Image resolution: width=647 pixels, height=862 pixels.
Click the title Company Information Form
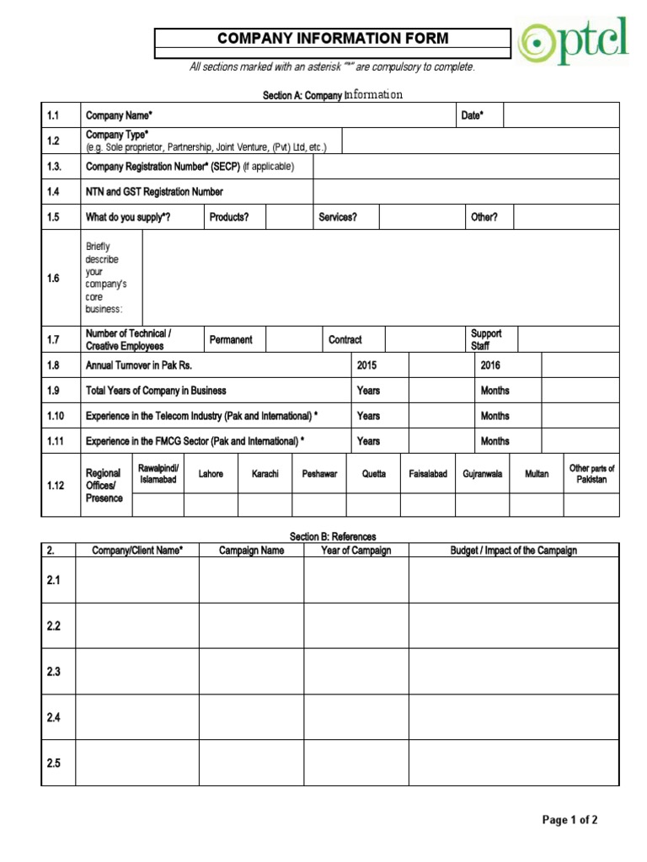(x=333, y=39)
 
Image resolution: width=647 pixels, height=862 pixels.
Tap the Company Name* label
(x=119, y=115)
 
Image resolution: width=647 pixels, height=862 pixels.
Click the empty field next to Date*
(x=560, y=115)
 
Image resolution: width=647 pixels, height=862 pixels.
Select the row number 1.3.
(x=54, y=167)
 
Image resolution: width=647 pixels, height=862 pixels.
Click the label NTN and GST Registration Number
(x=154, y=192)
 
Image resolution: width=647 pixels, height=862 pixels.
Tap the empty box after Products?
(x=289, y=217)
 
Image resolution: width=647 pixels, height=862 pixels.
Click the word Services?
(x=338, y=217)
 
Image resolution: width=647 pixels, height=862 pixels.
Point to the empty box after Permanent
(x=288, y=339)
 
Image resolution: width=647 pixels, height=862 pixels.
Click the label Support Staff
(x=486, y=339)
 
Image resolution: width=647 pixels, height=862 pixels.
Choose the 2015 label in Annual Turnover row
(x=367, y=365)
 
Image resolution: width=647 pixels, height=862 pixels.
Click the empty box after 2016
(x=580, y=365)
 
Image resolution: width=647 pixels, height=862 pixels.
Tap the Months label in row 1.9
(x=495, y=391)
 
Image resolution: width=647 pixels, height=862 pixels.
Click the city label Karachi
(x=265, y=474)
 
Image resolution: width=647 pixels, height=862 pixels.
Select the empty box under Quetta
(x=373, y=504)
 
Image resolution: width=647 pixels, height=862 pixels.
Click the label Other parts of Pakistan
(x=591, y=474)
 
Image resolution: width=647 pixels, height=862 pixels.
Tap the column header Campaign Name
(x=251, y=551)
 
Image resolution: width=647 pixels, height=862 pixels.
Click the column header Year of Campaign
(x=356, y=551)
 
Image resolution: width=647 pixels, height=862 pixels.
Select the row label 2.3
(x=54, y=671)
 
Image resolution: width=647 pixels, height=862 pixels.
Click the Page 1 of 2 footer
(x=570, y=820)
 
